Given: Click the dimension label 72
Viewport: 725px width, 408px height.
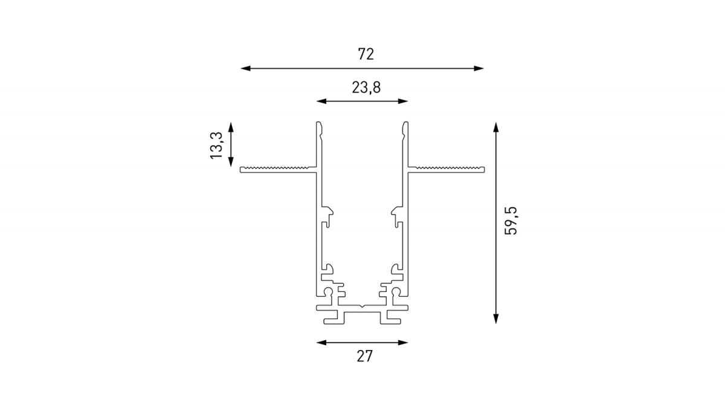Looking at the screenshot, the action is tap(366, 54).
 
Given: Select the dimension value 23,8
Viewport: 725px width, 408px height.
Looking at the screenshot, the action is tap(366, 88).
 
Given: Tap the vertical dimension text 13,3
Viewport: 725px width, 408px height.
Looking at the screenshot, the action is tap(216, 146).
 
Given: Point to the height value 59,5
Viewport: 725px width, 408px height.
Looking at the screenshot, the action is tap(511, 221).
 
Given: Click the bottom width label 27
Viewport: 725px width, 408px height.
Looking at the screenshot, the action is tap(365, 356).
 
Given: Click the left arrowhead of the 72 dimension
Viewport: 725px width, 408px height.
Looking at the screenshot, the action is tap(246, 68).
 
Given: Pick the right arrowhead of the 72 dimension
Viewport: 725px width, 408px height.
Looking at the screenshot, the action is tap(478, 68).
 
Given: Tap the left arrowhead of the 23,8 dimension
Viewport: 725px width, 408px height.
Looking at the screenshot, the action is tap(321, 102).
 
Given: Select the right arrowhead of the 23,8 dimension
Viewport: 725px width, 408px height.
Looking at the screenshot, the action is tap(403, 102).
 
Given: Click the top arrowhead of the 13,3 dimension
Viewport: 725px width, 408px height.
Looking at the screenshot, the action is tap(231, 128).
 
